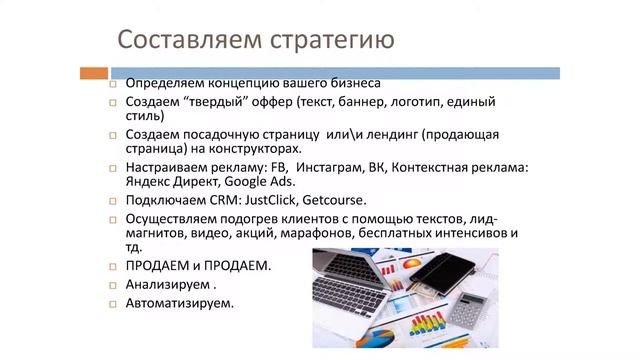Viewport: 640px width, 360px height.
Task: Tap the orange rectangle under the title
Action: [93, 72]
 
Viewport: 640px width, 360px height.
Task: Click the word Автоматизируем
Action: [178, 303]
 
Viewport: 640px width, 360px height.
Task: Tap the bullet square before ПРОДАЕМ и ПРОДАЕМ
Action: [113, 266]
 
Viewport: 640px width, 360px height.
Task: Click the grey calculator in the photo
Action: [469, 310]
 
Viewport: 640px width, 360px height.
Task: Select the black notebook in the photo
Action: [456, 268]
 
